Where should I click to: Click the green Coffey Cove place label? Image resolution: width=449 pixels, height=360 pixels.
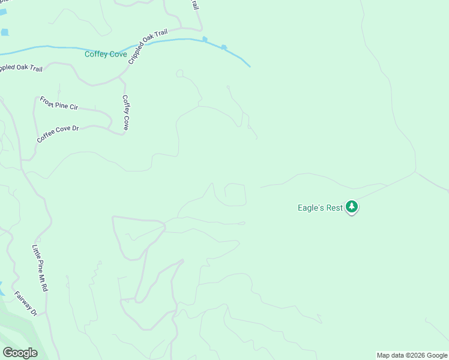coord(106,54)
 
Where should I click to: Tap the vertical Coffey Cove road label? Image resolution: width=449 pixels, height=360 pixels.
coord(125,113)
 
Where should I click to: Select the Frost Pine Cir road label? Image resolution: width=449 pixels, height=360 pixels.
coord(59,103)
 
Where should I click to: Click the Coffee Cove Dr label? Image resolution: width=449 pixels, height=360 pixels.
coord(58,133)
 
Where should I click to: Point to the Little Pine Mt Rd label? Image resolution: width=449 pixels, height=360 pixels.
coord(40,268)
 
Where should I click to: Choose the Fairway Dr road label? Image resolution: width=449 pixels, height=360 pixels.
coord(26,304)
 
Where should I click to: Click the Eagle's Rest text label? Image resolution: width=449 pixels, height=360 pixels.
coord(320,208)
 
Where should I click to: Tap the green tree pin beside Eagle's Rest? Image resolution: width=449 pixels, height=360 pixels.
coord(352,208)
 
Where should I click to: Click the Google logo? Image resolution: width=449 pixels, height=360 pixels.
coord(20,352)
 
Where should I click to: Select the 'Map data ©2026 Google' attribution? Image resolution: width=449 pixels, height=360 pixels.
coord(412,355)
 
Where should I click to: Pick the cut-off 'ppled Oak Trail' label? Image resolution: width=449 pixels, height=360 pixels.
coord(20,67)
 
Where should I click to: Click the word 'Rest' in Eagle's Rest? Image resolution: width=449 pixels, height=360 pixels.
coord(334,208)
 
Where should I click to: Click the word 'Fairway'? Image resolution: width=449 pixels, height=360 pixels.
coord(23,301)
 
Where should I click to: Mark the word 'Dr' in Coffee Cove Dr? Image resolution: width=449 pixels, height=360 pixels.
coord(76,128)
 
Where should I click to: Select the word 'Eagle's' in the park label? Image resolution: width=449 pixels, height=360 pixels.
coord(312,208)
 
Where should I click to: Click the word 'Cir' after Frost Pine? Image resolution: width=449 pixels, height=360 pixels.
coord(73,107)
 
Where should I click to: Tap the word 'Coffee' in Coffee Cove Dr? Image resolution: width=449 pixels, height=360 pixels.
coord(45,137)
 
